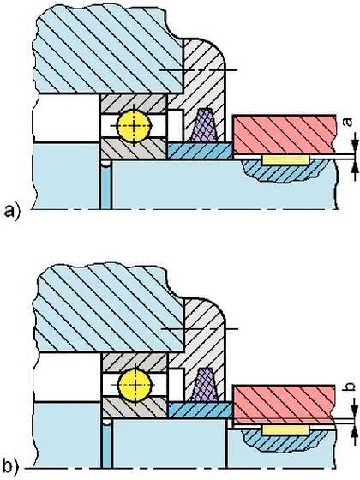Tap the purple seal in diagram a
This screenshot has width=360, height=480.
pyautogui.click(x=204, y=125)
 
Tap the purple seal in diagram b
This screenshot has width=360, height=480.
pyautogui.click(x=205, y=384)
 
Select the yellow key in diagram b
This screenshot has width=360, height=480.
pyautogui.click(x=285, y=429)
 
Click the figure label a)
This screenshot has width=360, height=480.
pyautogui.click(x=12, y=212)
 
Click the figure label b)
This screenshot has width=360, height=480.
pyautogui.click(x=12, y=467)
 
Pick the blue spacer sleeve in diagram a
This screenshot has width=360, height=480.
pyautogui.click(x=200, y=151)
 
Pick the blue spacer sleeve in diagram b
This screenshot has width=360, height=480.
pyautogui.click(x=201, y=410)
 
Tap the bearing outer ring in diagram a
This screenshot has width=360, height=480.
pyautogui.click(x=134, y=104)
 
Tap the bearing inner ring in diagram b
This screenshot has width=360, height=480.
pyautogui.click(x=135, y=408)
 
